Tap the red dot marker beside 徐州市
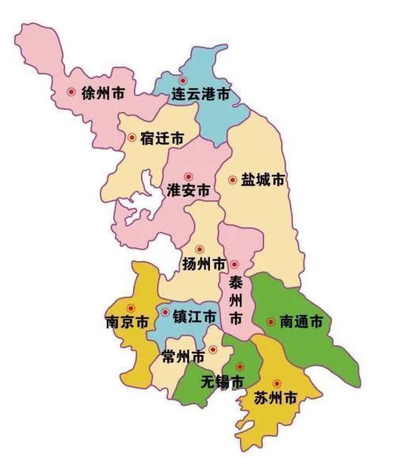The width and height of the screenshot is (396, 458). click(x=72, y=92)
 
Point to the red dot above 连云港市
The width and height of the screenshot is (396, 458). click(x=184, y=81)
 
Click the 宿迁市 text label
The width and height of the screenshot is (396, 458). click(x=162, y=138)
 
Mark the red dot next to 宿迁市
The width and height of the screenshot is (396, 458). click(x=131, y=138)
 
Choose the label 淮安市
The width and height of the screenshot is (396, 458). click(x=188, y=191)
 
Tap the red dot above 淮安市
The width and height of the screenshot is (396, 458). click(x=188, y=176)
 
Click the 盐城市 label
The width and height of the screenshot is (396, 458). click(x=262, y=180)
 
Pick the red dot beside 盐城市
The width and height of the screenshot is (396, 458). click(x=232, y=180)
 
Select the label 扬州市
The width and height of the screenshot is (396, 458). click(x=204, y=263)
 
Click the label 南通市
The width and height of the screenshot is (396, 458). click(x=301, y=322)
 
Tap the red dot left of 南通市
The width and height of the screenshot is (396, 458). click(x=270, y=322)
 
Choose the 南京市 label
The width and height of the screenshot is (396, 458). click(x=127, y=323)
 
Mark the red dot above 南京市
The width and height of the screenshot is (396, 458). click(x=131, y=308)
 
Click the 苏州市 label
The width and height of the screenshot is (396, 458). click(x=276, y=398)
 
